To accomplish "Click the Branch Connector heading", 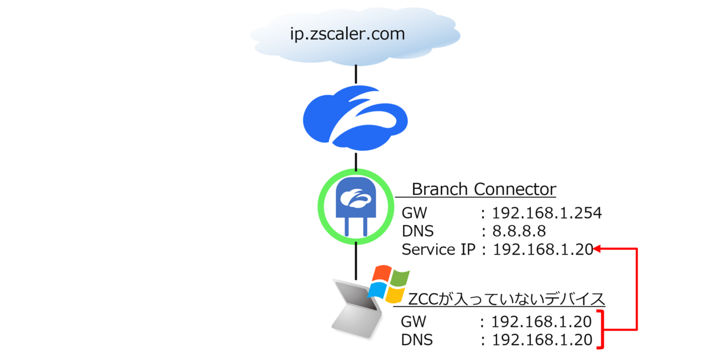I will coord(483,189).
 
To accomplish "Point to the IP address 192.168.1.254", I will coord(547,213).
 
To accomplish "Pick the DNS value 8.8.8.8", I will coord(520,231).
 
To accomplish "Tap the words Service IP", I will coord(438,250).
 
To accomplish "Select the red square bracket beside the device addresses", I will coord(603,329).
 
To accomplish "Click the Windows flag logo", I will coord(389,284).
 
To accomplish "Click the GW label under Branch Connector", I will coord(414,213).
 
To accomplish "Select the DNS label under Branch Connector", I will coord(418,231).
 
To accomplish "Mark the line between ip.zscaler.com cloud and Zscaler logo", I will coord(355,73).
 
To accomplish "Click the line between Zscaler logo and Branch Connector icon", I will coord(355,160).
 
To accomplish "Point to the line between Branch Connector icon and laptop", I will coord(355,261).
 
